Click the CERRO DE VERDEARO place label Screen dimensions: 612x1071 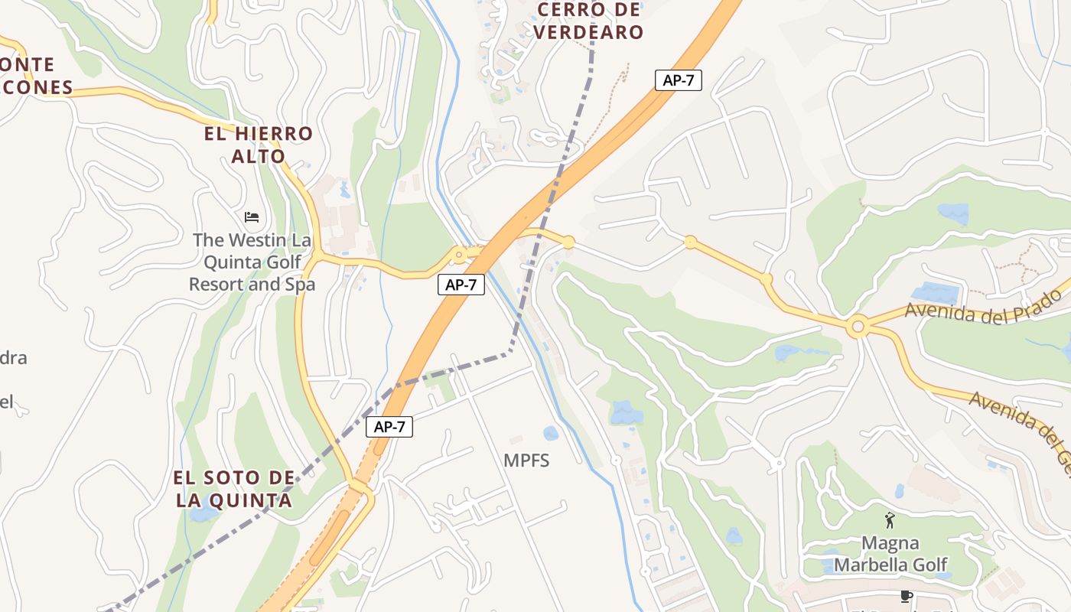(x=588, y=21)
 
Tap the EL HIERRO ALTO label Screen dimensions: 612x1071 (x=258, y=145)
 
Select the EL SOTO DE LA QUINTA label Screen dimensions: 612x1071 (x=233, y=489)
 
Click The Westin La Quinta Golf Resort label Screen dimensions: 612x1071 (x=252, y=262)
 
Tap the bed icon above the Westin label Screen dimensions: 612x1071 (x=252, y=217)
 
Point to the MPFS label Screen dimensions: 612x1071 (x=526, y=461)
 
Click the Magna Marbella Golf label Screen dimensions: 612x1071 (x=890, y=554)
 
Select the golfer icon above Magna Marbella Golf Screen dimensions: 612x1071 (x=890, y=521)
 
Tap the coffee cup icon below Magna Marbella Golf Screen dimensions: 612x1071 (x=907, y=597)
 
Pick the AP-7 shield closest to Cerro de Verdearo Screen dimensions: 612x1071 (x=678, y=80)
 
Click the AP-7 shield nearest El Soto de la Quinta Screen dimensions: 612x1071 (x=389, y=427)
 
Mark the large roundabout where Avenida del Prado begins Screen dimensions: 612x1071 (x=858, y=328)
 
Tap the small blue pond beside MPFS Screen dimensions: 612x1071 (x=551, y=434)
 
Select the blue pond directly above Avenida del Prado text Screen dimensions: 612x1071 (x=931, y=291)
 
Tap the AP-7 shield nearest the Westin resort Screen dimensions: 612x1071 (x=461, y=285)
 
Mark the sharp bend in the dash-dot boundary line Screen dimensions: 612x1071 (x=510, y=353)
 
